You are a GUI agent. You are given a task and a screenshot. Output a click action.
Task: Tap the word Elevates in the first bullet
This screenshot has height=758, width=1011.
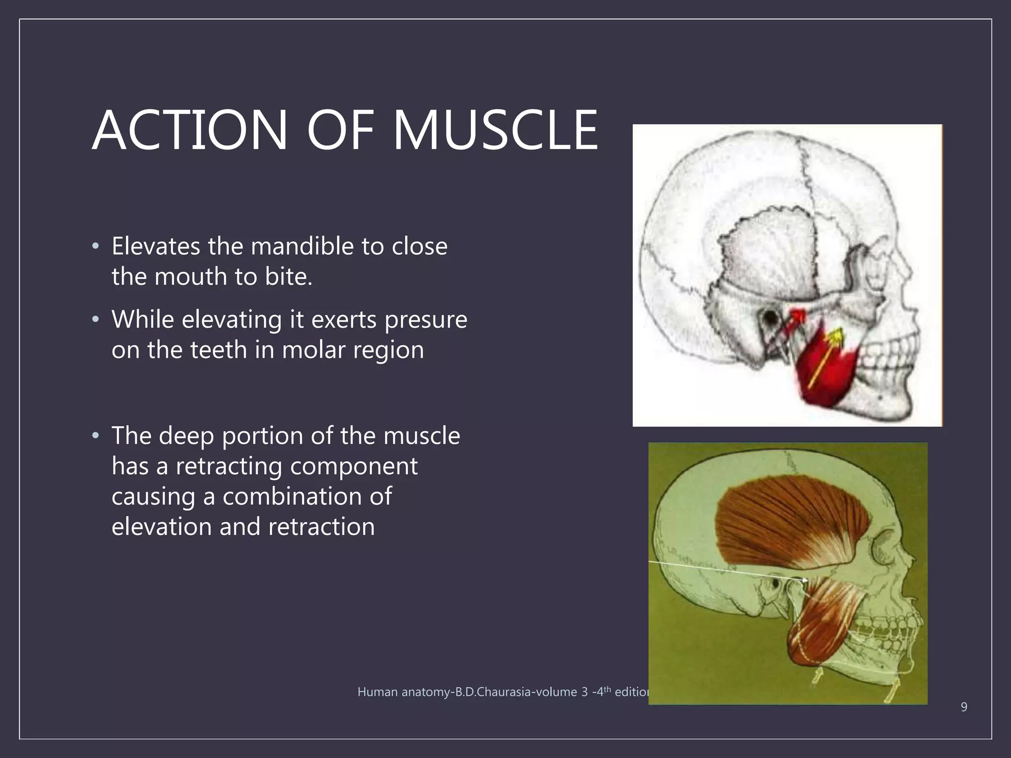click(x=156, y=246)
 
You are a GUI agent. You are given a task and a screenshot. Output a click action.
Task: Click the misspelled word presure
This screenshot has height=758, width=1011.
click(x=426, y=320)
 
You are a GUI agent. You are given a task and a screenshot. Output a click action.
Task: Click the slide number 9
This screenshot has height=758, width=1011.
click(x=964, y=707)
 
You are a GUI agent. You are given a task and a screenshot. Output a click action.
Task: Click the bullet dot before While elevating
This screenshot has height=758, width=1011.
click(x=96, y=320)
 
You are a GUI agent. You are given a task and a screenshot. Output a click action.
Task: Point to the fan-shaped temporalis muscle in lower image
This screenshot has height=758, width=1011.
click(x=790, y=523)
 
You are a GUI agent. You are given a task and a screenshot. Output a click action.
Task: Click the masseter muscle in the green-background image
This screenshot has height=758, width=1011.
click(x=822, y=622)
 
